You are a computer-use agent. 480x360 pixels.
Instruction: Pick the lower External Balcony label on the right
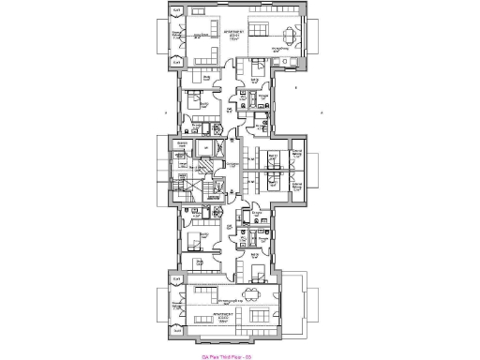coord(297,185)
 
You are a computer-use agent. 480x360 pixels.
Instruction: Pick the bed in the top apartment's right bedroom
coord(254,67)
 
